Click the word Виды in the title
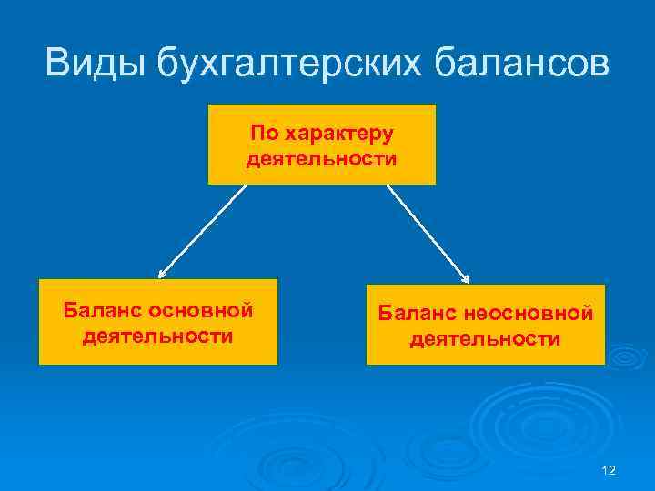pos(96,64)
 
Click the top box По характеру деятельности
pos(321,145)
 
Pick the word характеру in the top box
pos(338,134)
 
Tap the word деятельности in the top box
pos(321,159)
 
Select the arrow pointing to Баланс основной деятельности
pos(202,231)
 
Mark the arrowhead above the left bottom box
pos(161,273)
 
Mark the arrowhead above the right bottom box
pos(467,278)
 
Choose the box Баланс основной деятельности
pos(158,322)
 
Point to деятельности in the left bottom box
pos(158,336)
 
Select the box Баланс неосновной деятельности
pos(485,324)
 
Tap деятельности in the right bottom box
pos(485,339)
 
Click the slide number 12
pos(609,469)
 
